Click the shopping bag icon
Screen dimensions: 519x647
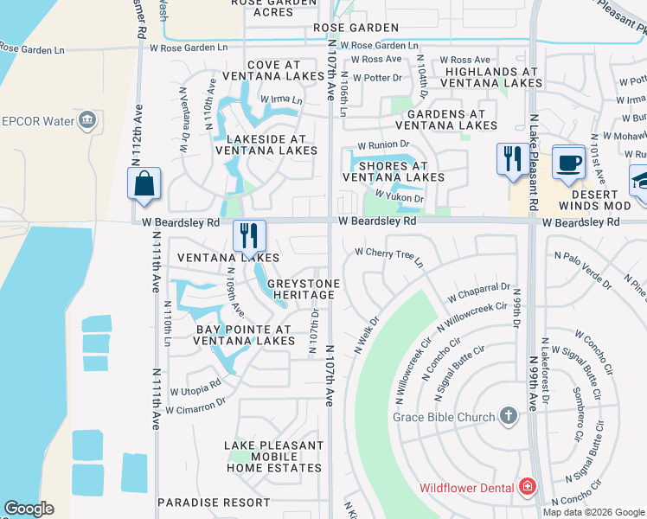tap(143, 183)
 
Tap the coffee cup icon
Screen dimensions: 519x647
tap(568, 163)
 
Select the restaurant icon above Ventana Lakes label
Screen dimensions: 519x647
tap(249, 235)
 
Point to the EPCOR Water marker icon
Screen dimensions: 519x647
tap(86, 119)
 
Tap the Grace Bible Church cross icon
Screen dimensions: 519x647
tap(509, 417)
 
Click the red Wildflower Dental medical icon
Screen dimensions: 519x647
tap(527, 487)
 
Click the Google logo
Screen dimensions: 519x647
tap(29, 509)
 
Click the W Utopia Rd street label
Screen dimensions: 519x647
tap(195, 390)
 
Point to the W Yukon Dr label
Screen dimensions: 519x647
tap(399, 198)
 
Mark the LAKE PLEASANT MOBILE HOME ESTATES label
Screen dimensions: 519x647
tap(273, 457)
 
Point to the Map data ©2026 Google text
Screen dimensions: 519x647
tap(593, 511)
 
